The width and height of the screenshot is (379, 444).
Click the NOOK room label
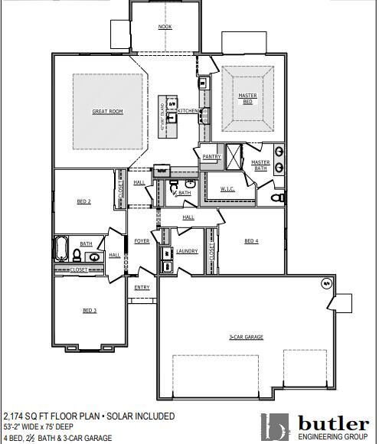[165, 27]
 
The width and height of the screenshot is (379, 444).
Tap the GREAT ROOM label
[107, 112]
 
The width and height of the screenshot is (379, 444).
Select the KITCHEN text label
[188, 111]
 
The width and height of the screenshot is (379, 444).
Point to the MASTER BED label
[247, 99]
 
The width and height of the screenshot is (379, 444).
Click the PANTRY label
[211, 157]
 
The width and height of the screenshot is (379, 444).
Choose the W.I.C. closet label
[227, 188]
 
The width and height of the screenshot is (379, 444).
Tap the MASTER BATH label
[260, 165]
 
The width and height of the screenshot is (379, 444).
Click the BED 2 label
[84, 201]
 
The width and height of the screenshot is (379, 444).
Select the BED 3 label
[90, 310]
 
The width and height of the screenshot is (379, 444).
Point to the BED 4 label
[251, 241]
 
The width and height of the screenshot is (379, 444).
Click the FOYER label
[142, 241]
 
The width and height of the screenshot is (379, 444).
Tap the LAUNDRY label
[187, 251]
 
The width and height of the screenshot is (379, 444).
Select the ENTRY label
[142, 288]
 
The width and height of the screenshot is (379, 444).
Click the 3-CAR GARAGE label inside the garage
[247, 337]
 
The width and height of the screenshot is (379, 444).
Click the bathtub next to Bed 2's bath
[61, 250]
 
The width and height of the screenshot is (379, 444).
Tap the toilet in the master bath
[279, 198]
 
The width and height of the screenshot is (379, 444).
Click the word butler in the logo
[332, 423]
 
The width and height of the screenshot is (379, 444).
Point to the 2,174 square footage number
[15, 416]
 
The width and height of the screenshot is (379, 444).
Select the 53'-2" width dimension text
[15, 427]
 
